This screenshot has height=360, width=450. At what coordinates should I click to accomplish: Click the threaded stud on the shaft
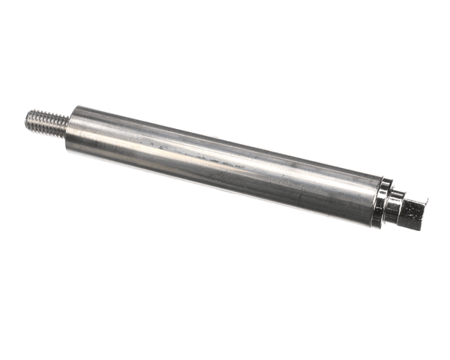coord(46,120)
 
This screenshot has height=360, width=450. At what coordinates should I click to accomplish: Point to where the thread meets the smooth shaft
coord(67,124)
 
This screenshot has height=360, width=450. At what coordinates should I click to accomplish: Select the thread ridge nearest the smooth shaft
coord(62,123)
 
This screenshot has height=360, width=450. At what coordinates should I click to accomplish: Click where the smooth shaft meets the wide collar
coord(376,198)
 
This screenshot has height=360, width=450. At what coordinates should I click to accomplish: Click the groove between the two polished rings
coord(388,204)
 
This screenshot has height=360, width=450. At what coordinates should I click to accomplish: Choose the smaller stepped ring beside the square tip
coord(393,207)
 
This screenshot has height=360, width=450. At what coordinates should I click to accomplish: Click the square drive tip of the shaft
coord(412,211)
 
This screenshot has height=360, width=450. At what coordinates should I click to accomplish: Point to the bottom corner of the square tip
coord(420,228)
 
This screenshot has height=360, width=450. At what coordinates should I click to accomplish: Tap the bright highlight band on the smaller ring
coord(394,201)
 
